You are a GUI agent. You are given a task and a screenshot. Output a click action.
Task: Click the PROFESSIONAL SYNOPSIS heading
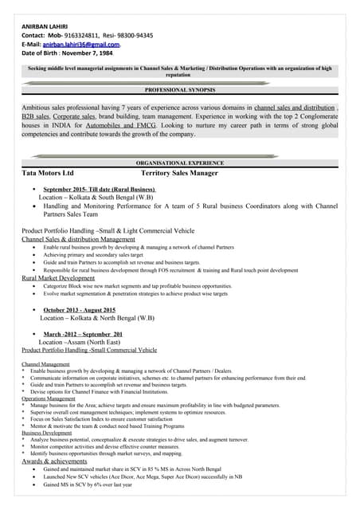click(180, 91)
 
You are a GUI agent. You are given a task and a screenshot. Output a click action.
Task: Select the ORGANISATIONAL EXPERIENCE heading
click(180, 163)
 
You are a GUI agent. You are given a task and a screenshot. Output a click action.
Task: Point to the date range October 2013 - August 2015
click(79, 309)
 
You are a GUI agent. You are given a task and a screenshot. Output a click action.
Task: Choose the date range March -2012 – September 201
click(83, 334)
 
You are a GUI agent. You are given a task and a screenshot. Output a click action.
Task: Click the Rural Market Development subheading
click(58, 278)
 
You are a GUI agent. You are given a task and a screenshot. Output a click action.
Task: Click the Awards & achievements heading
click(54, 461)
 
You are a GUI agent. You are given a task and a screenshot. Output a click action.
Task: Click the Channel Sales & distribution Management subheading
click(78, 239)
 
